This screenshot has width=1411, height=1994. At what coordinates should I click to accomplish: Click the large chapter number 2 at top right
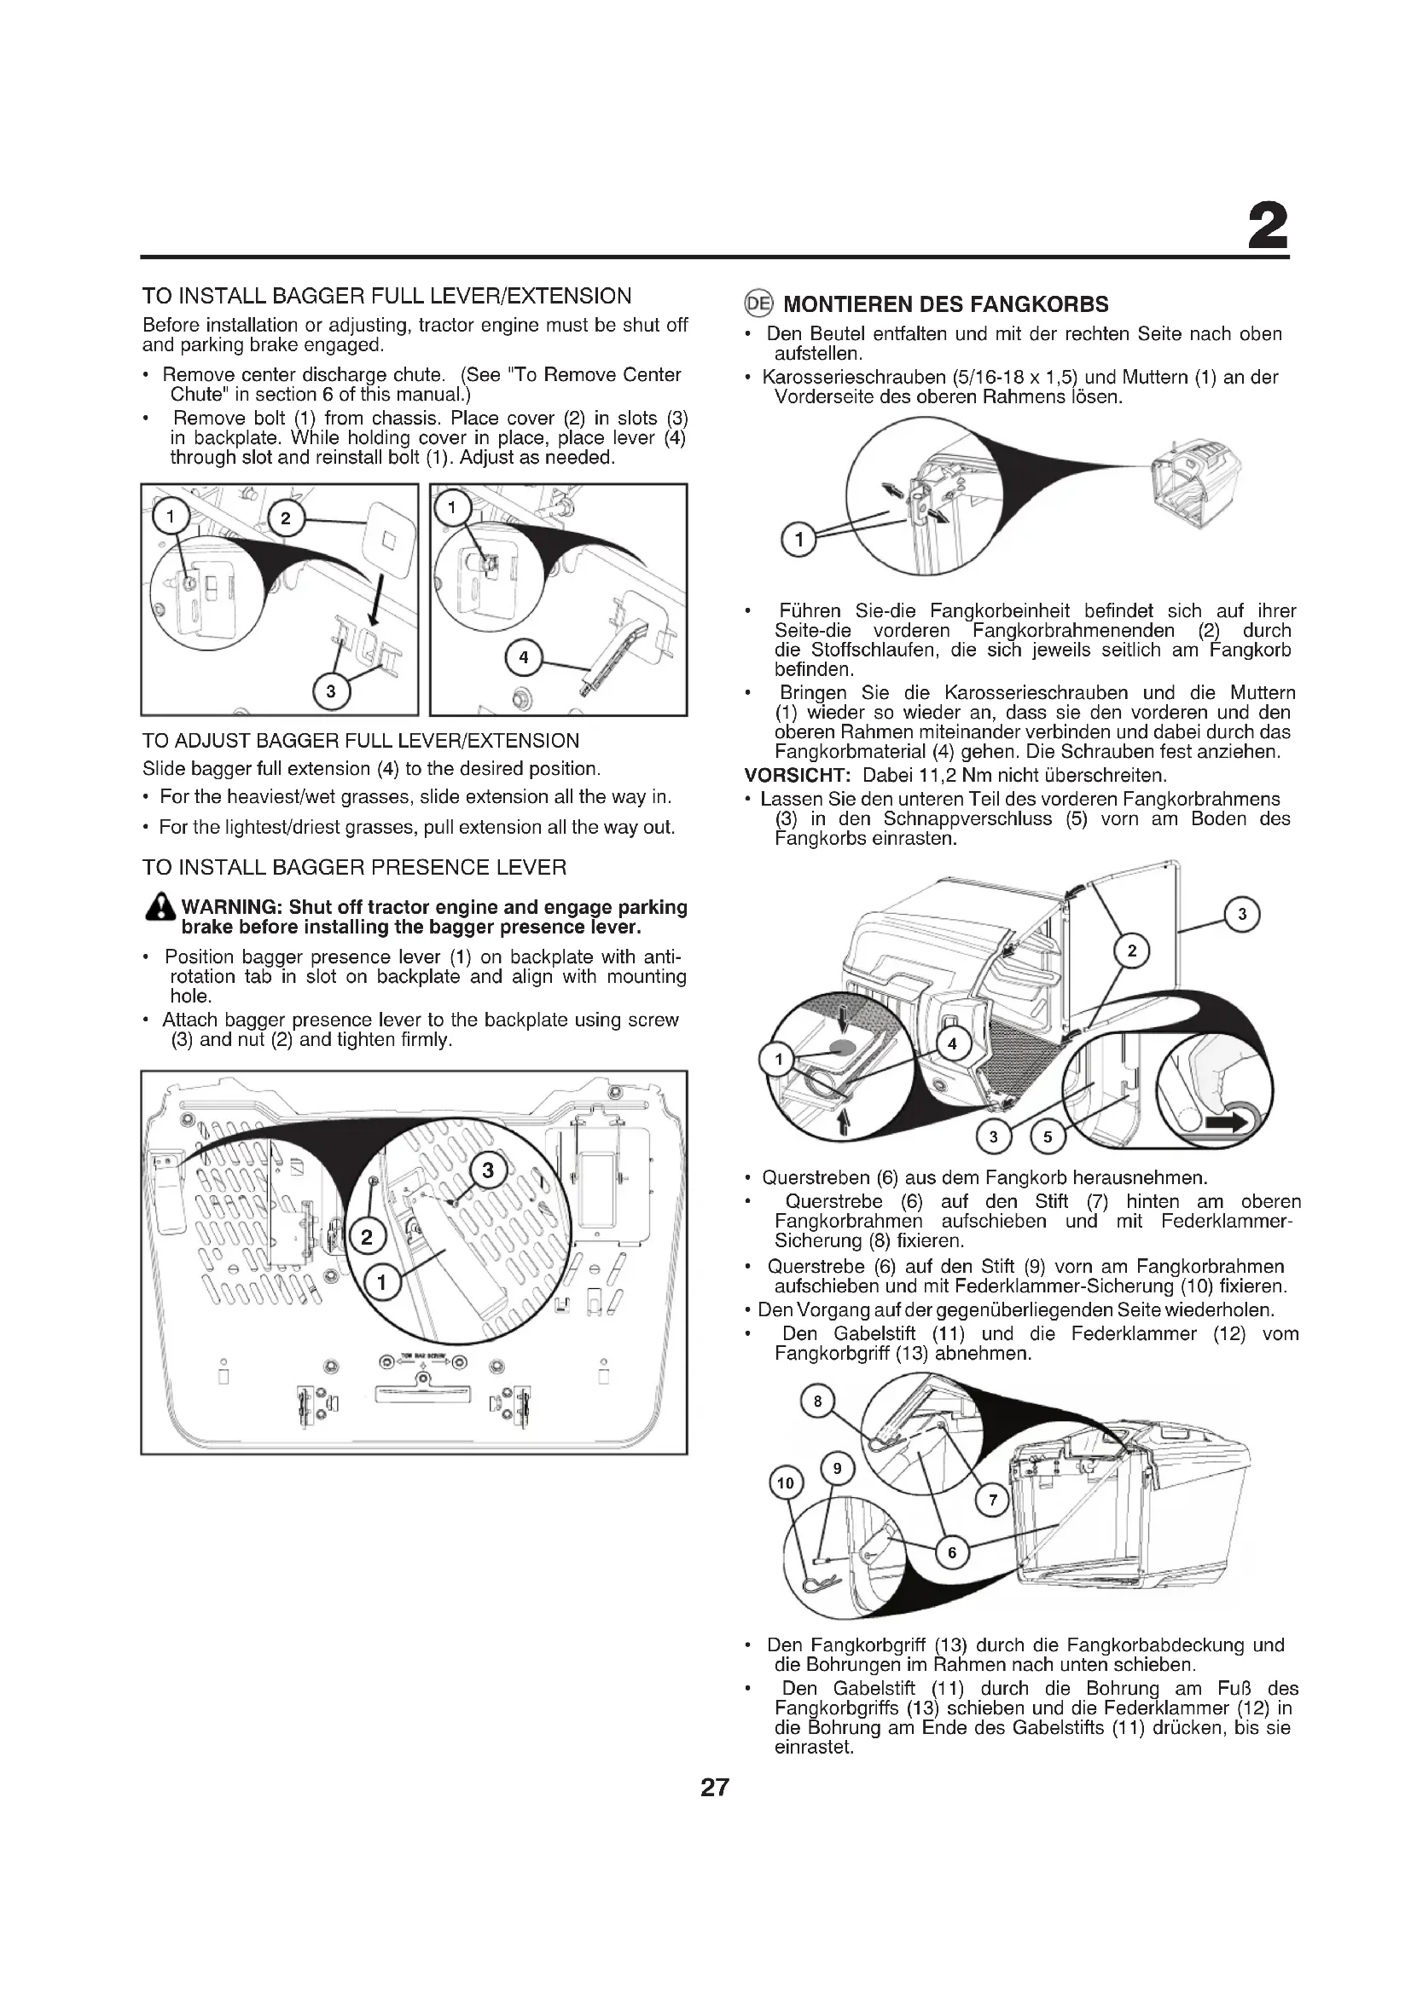pos(1268,228)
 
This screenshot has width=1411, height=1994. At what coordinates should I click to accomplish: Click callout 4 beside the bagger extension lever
pos(523,657)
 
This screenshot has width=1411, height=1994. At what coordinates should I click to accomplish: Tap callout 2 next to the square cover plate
pos(287,519)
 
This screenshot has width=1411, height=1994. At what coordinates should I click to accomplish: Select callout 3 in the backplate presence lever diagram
pos(487,1170)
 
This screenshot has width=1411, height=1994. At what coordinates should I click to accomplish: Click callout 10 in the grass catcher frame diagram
pos(786,1483)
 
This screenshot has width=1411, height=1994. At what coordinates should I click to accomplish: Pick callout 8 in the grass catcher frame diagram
pos(816,1401)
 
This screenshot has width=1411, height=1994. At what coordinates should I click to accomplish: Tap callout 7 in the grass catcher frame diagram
pos(994,1499)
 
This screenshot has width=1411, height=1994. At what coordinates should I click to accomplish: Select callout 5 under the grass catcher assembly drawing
pos(1047,1138)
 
